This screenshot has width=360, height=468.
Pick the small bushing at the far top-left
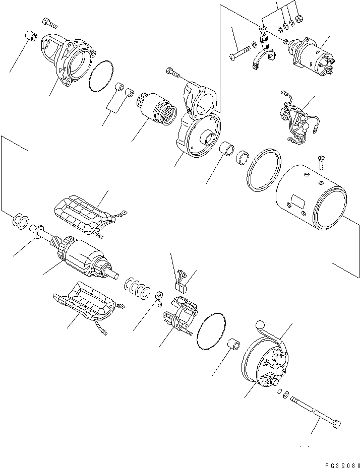pyautogui.click(x=30, y=38)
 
